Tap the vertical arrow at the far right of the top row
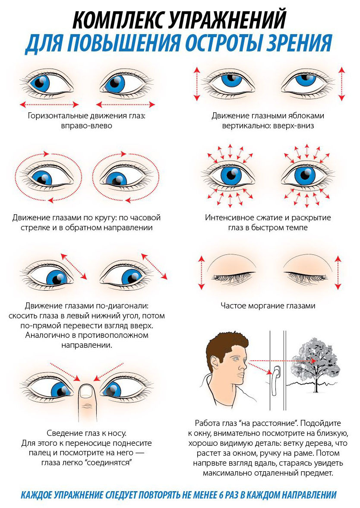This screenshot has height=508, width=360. [x=341, y=83]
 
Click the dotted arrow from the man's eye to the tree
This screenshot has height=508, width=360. [x=281, y=359]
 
